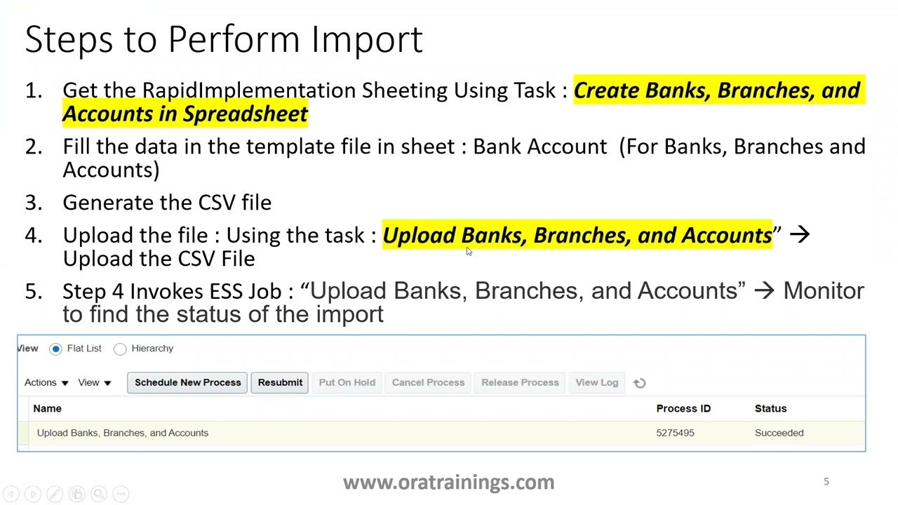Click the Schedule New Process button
[187, 382]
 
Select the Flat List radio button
[56, 349]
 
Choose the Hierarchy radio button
[120, 349]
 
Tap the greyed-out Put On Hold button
[347, 382]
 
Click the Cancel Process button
[428, 382]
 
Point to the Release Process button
[520, 382]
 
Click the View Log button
[596, 382]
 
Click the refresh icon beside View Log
[639, 383]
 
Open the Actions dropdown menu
[46, 382]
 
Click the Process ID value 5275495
[675, 433]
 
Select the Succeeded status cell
[779, 433]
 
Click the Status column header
[770, 408]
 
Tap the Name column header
[48, 408]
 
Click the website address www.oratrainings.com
[448, 483]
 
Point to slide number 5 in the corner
[826, 481]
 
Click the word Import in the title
[367, 39]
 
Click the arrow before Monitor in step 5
[764, 291]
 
